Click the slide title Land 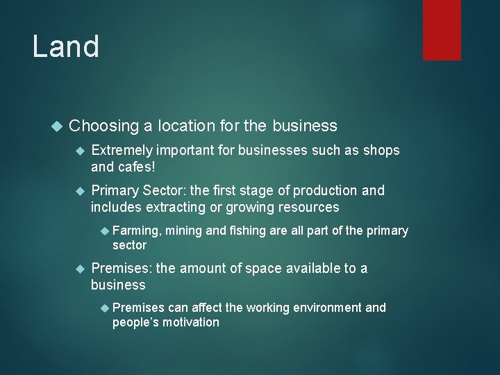[66, 47]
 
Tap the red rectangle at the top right [442, 29]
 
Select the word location [192, 126]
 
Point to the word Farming [135, 231]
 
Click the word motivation [190, 322]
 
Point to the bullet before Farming [105, 231]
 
